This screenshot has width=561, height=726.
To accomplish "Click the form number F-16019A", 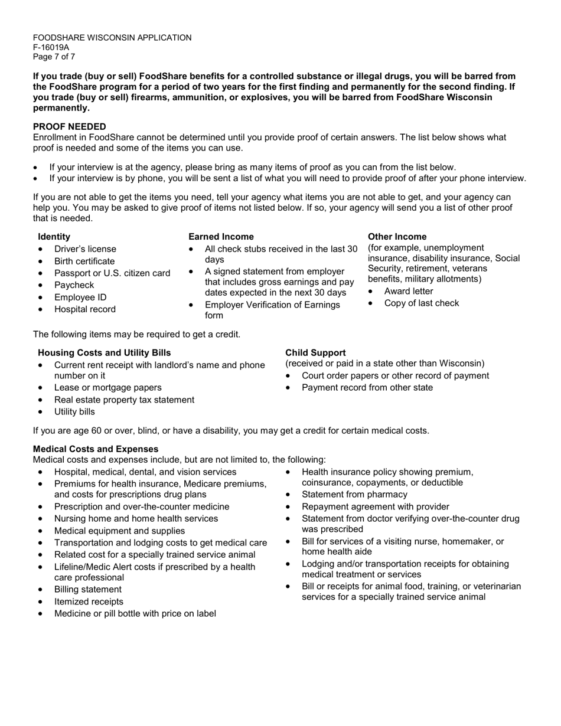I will tap(51, 47).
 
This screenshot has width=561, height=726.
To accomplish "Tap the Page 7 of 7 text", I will tap(54, 57).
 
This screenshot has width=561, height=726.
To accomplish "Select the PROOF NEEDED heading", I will tap(70, 126).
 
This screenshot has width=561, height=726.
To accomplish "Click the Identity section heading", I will tap(54, 237).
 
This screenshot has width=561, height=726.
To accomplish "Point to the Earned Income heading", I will tap(221, 237).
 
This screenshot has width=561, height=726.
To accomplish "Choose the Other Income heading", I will tap(397, 237).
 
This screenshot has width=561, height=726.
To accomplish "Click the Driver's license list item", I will tap(85, 249).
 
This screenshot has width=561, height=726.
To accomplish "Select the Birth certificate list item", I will tap(84, 261).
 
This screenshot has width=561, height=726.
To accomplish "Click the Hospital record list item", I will tap(85, 309).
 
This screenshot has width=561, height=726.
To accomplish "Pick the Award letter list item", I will tap(408, 291).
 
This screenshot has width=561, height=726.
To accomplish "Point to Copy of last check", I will tap(421, 303).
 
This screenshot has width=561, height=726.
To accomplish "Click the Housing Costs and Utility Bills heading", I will tap(105, 353).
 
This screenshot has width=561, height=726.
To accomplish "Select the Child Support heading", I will tap(315, 353).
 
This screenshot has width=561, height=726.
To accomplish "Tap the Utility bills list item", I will tap(74, 412).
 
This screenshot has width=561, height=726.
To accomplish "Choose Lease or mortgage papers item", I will tap(107, 388).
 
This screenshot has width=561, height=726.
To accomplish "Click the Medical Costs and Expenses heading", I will tap(96, 449).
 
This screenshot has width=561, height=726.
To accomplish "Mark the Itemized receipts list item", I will tap(89, 601).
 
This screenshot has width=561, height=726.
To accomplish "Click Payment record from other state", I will tap(367, 388).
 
